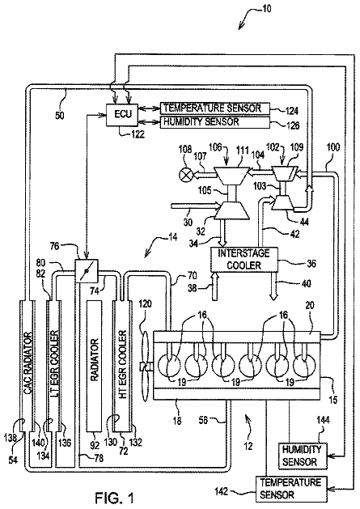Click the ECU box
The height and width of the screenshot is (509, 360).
pos(123,115)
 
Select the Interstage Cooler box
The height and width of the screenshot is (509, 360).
pos(244,259)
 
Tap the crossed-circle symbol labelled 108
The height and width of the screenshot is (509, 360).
pos(186,176)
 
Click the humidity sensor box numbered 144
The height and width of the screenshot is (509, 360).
pos(303,456)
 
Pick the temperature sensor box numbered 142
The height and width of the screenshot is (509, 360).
pos(291,489)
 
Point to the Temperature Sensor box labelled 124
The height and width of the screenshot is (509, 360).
pos(215,108)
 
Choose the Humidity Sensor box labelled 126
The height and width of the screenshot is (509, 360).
pos(215,121)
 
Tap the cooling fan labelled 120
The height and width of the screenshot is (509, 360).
pos(145,367)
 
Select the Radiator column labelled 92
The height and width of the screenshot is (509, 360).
pos(94,366)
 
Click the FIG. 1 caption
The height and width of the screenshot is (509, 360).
pos(114,497)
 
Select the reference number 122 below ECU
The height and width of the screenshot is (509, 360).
pos(138,134)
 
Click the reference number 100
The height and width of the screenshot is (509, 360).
pos(332,148)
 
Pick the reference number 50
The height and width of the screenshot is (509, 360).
pos(60,116)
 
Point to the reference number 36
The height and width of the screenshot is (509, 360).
pos(311,263)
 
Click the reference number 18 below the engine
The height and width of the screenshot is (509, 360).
pos(177,421)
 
